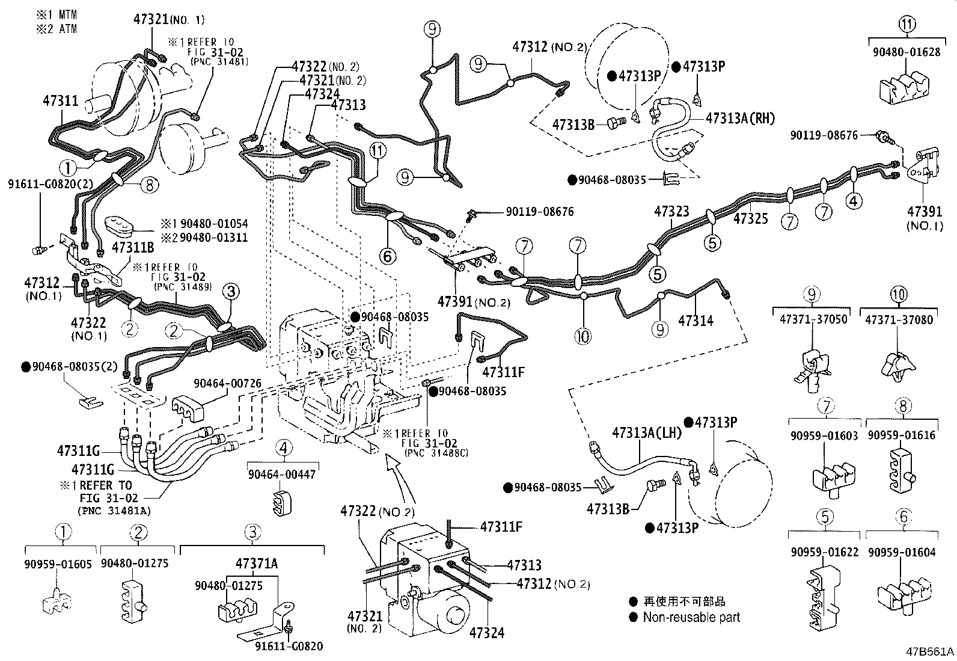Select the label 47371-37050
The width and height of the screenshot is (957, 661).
click(811, 319)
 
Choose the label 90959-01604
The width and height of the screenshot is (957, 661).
click(902, 552)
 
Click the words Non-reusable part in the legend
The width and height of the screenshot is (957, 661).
click(691, 617)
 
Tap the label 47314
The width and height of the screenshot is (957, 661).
click(696, 321)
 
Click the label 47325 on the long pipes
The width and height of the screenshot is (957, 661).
click(750, 219)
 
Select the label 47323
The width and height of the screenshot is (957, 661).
click(671, 211)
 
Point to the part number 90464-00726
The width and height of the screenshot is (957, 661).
click(227, 383)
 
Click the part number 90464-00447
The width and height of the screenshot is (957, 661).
click(282, 475)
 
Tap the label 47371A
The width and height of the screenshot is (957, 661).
click(256, 564)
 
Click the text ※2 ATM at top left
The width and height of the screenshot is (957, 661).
click(57, 29)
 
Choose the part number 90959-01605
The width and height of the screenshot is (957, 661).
click(58, 564)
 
